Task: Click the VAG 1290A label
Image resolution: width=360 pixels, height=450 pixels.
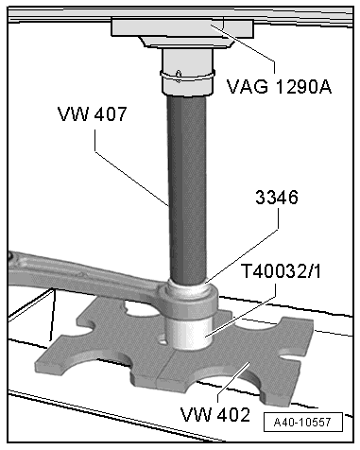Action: [x=279, y=86]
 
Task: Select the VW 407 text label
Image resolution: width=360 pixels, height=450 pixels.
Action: [x=93, y=113]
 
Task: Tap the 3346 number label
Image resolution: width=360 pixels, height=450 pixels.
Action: [x=277, y=198]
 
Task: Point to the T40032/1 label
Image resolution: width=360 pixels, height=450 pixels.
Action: [x=281, y=271]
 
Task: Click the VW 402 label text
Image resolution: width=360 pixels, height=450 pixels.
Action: [x=215, y=414]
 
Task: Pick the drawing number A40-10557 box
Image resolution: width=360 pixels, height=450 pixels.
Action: [x=303, y=422]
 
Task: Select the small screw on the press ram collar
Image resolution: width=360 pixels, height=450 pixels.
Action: [x=179, y=76]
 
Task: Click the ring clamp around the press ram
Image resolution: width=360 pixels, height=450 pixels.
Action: [x=187, y=76]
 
